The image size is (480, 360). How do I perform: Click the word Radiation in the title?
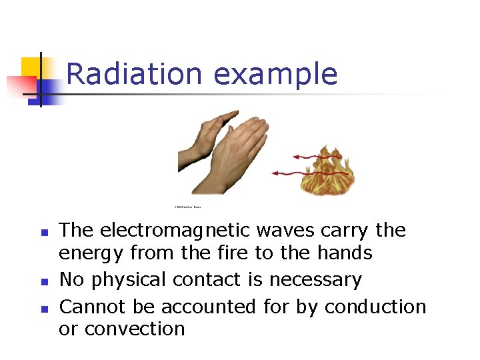point(133,73)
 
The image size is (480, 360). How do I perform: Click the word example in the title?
point(276,75)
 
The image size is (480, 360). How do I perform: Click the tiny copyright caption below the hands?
point(188,207)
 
